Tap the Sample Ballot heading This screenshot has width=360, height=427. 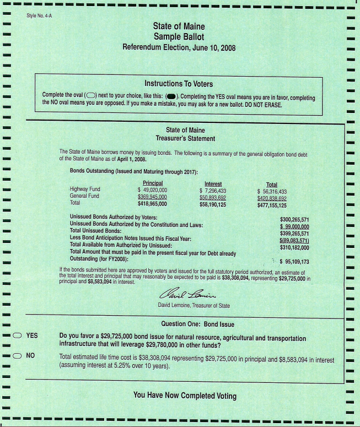click(179, 37)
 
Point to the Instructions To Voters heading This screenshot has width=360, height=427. click(179, 84)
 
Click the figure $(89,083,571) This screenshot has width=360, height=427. click(294, 240)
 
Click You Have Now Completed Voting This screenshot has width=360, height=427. click(185, 396)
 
